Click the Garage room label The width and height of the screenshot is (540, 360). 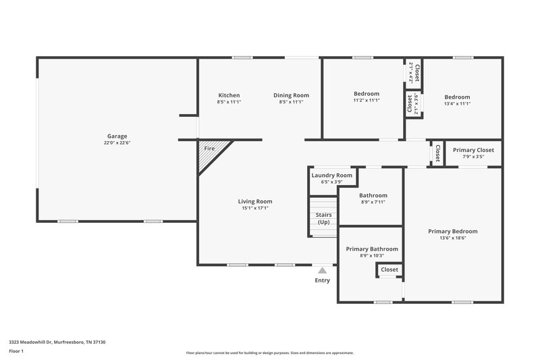click(x=117, y=136)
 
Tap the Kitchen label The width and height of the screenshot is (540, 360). click(x=229, y=95)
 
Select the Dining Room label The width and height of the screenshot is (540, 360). click(x=291, y=95)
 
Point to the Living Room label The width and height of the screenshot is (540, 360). click(x=255, y=201)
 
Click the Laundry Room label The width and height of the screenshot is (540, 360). click(x=331, y=176)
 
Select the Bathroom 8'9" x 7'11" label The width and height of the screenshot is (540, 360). click(x=373, y=195)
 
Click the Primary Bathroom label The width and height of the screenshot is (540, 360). click(x=372, y=249)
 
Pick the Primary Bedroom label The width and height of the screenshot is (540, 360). click(x=453, y=231)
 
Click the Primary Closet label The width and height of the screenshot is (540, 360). click(x=473, y=150)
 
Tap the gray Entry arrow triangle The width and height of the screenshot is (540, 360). click(x=322, y=270)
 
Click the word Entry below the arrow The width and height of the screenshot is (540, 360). click(x=322, y=280)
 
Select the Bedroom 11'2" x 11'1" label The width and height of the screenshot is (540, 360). click(x=367, y=94)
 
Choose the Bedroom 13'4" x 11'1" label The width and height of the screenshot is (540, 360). click(x=457, y=97)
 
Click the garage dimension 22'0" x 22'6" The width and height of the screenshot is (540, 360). click(x=117, y=143)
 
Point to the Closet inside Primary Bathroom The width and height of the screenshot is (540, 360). click(x=389, y=269)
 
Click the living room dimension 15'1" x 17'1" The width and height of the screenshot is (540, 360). click(x=255, y=208)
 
